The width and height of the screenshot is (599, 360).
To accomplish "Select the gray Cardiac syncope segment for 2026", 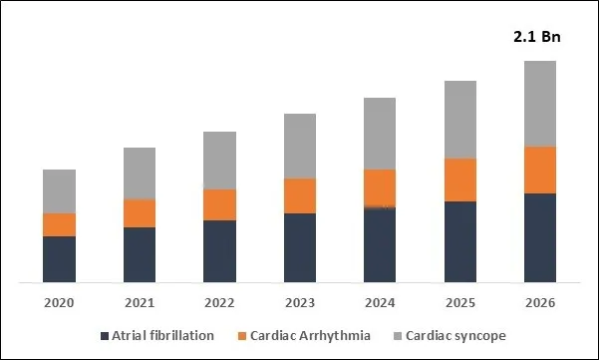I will [x=539, y=104].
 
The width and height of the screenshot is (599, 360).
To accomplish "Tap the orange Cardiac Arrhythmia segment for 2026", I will [x=539, y=170].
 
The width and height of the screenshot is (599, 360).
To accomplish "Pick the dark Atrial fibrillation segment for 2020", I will [x=59, y=259].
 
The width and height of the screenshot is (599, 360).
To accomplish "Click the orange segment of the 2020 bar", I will [x=59, y=224].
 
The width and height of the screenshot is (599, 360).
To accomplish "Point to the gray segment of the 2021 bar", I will [x=140, y=174].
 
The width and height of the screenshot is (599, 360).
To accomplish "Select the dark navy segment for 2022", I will [x=219, y=251].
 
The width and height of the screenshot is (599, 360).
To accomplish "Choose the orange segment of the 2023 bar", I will [x=299, y=195].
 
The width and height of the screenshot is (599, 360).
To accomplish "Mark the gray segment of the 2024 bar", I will [x=380, y=134].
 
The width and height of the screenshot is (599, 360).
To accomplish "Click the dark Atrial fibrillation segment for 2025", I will [x=459, y=242].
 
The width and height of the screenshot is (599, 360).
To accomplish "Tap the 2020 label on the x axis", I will [x=59, y=302].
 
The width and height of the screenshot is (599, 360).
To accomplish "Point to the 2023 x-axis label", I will [x=299, y=302].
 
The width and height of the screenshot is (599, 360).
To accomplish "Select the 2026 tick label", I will [x=539, y=302].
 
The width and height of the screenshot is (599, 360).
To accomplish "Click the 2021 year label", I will [x=140, y=302].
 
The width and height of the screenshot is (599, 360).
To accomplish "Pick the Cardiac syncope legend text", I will [x=455, y=336].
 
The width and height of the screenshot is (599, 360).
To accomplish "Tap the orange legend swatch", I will [x=240, y=336].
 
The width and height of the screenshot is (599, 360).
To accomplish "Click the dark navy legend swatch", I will [x=105, y=336].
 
